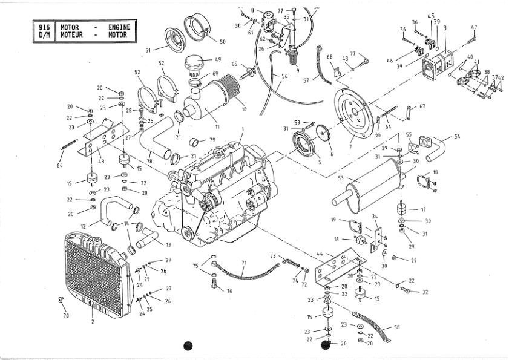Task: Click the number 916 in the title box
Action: pos(44,27)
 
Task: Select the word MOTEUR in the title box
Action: pos(71,34)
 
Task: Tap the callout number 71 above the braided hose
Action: pos(244,263)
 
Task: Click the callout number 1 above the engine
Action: pos(242,129)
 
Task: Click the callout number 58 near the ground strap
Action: pos(396,327)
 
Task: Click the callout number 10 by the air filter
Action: pos(244,110)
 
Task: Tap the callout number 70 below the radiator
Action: pos(66,315)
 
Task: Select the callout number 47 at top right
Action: pos(474,27)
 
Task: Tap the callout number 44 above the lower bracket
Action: pos(320,254)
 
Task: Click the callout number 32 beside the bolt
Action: pos(425,292)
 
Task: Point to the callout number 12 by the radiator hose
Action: pos(83,226)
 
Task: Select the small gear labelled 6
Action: pos(323,133)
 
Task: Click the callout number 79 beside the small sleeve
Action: pos(212,140)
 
